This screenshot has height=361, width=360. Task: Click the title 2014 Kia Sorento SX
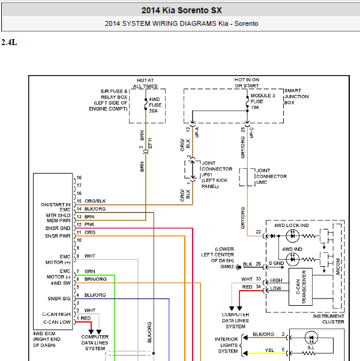click(181, 10)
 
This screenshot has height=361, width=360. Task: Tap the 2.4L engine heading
click(9, 43)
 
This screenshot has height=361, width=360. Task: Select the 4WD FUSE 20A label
click(155, 105)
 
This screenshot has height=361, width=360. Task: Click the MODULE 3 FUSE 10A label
click(262, 102)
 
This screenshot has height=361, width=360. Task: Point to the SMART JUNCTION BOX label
click(296, 97)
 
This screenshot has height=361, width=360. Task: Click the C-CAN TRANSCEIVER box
click(301, 287)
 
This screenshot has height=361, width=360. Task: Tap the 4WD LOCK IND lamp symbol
click(292, 236)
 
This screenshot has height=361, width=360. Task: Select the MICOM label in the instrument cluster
click(338, 266)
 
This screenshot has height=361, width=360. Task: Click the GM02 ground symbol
click(239, 267)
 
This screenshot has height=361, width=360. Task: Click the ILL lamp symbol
click(311, 338)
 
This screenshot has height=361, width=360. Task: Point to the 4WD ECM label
click(44, 333)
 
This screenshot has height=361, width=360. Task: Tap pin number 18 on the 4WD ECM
click(79, 178)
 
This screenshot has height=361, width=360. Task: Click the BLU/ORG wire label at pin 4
click(95, 295)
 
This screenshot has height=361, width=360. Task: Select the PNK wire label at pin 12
click(89, 225)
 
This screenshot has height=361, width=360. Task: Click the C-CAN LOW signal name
click(57, 322)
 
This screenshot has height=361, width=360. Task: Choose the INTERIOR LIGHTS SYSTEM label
click(226, 345)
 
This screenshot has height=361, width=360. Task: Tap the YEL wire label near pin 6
click(269, 350)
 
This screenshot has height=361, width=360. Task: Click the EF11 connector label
click(150, 143)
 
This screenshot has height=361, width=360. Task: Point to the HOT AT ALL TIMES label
click(145, 83)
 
